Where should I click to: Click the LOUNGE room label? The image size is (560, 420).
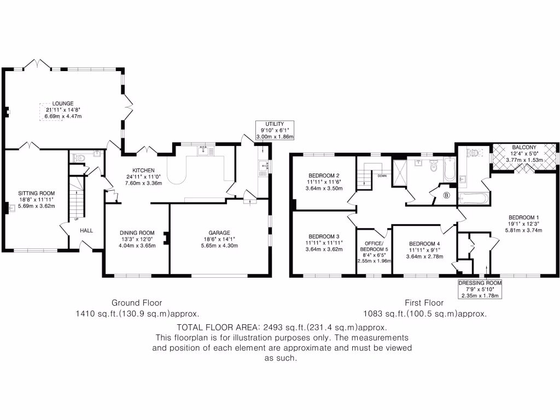(x=63, y=103)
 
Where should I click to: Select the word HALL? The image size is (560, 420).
(x=86, y=231)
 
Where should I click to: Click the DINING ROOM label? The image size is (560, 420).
(x=137, y=232)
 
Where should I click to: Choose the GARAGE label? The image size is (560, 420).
(x=219, y=232)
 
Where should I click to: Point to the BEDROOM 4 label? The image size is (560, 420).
(x=424, y=244)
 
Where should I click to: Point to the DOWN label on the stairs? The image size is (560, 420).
(x=382, y=177)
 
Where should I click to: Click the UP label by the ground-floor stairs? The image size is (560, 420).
(x=76, y=219)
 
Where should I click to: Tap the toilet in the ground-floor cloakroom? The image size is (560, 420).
(x=80, y=158)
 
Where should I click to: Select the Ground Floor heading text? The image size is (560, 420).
(x=137, y=302)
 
